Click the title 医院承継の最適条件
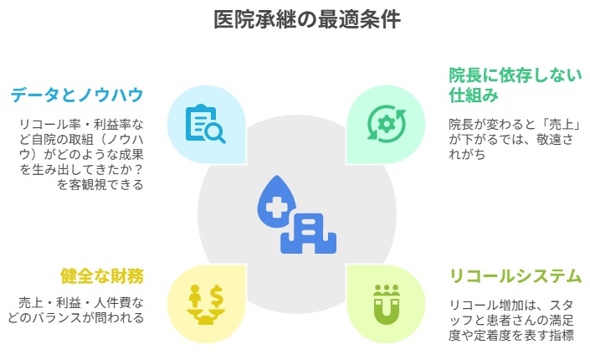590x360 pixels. [x=307, y=19]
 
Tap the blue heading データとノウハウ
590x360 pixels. [x=77, y=95]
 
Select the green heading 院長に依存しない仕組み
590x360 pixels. [x=516, y=85]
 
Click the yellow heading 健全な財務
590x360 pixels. [x=102, y=275]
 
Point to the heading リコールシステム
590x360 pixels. [x=516, y=275]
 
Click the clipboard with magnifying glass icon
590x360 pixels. [x=205, y=124]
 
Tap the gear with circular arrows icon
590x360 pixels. [x=386, y=124]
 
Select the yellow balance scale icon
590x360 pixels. [x=206, y=304]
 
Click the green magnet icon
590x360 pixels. [x=386, y=305]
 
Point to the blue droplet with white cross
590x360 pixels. [x=276, y=203]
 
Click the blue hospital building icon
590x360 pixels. [x=308, y=233]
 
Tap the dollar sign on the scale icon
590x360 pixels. [x=217, y=296]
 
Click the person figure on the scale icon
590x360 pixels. [x=195, y=296]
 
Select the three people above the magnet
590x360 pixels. [x=386, y=291]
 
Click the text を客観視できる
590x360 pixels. [x=100, y=185]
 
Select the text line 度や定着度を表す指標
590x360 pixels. [x=511, y=335]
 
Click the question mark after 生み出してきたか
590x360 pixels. [x=138, y=170]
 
